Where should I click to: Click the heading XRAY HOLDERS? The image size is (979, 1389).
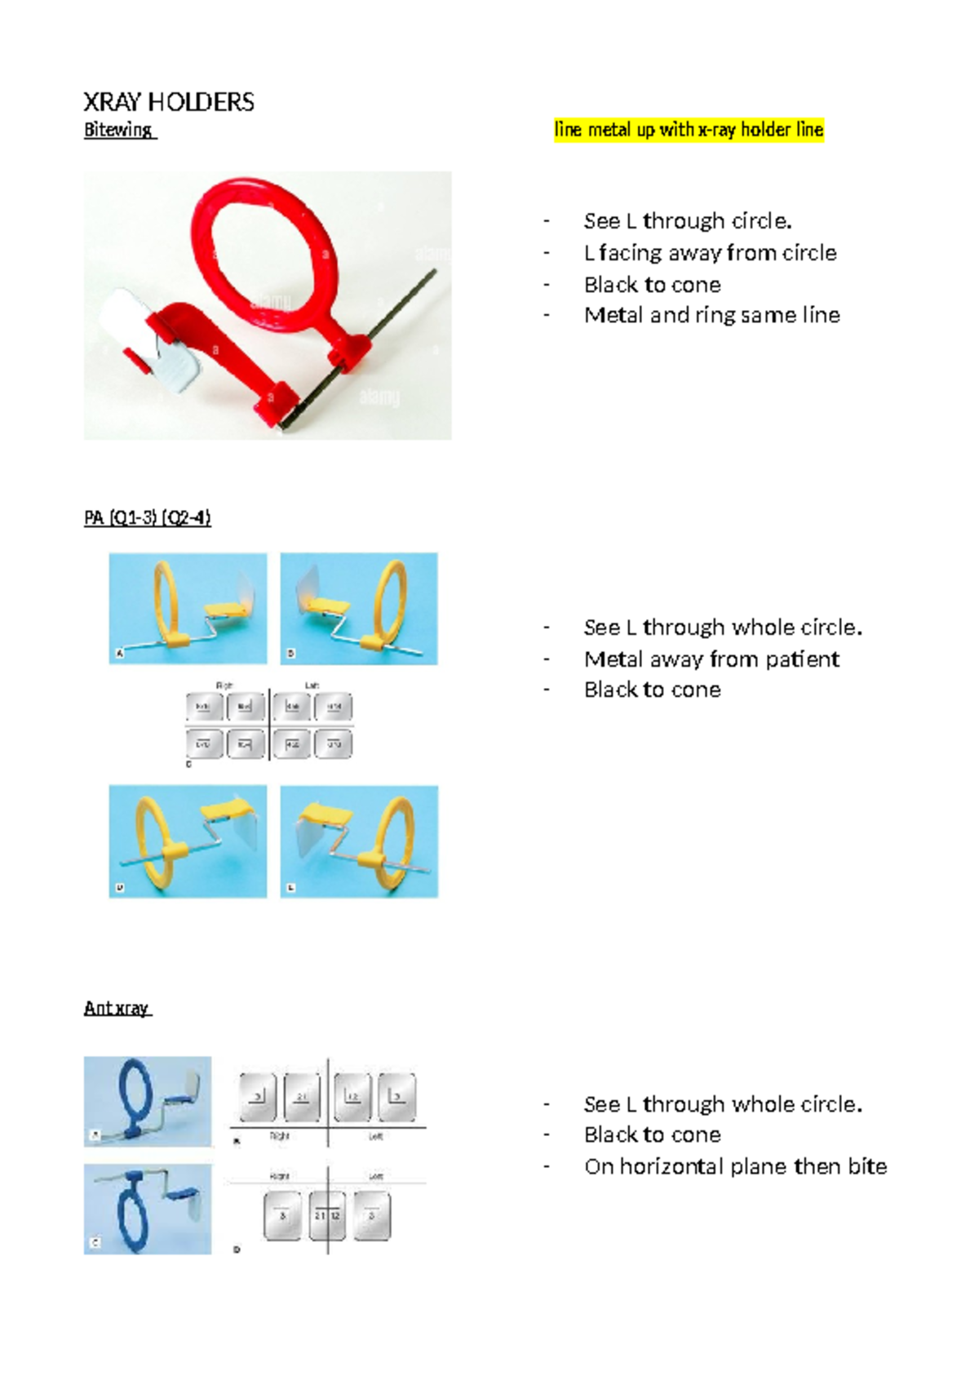point(169,102)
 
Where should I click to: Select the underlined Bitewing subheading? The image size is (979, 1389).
point(118,130)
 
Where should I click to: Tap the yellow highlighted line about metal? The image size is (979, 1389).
point(689,130)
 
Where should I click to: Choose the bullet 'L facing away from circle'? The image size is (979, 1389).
point(710,253)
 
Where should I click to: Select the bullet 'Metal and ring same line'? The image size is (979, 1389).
point(711,315)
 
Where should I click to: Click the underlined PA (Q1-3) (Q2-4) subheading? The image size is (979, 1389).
point(148,518)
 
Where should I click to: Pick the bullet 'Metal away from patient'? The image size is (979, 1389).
point(711,659)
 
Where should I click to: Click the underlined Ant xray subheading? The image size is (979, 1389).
point(117,1009)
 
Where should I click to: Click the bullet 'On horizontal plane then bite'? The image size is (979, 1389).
point(735,1167)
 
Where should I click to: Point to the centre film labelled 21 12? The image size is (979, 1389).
point(327,1216)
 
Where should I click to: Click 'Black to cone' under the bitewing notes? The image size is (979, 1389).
point(652,285)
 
